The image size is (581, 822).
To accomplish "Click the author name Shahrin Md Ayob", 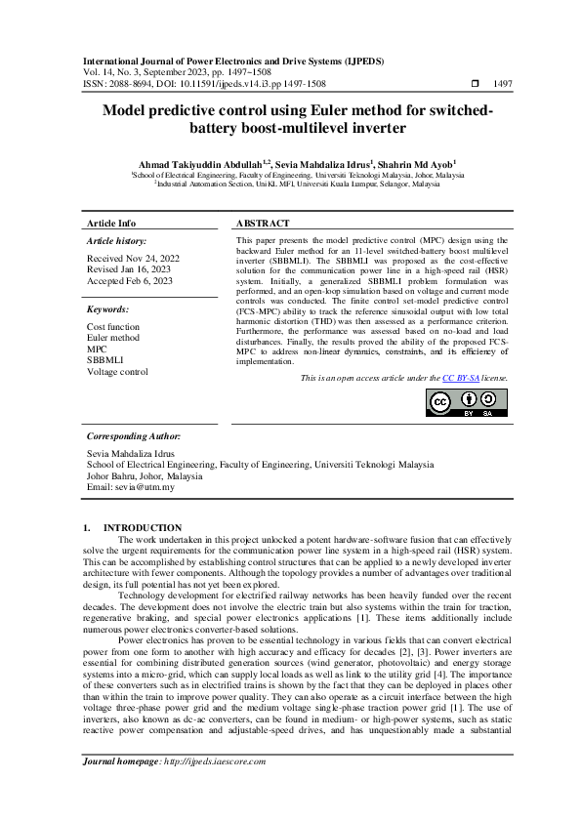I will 416,163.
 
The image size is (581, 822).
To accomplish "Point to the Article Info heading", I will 111,224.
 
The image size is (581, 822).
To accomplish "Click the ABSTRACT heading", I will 264,224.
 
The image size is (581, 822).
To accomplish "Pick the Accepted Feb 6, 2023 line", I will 129,281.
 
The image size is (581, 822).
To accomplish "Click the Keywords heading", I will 108,308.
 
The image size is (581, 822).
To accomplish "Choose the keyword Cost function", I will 114,327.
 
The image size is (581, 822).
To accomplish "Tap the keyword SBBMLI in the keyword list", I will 104,360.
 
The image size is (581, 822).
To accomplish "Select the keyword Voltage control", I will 117,371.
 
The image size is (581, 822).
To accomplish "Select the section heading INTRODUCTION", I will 143,527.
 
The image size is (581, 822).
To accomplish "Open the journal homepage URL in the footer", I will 210,761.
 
